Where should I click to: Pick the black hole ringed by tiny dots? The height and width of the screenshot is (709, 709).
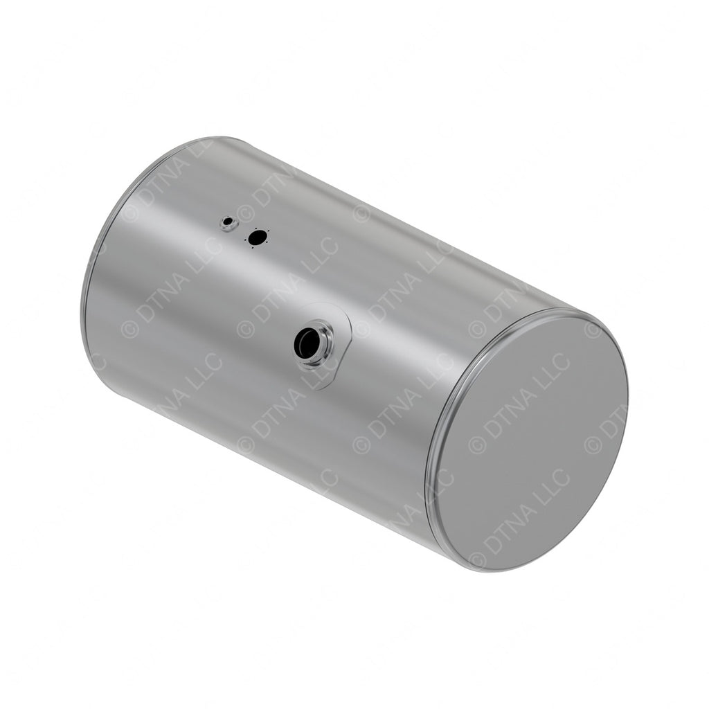(257, 238)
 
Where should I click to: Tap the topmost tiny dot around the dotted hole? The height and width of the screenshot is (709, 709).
(257, 228)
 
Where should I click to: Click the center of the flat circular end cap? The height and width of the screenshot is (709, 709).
(530, 443)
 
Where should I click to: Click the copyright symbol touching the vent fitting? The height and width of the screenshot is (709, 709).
(244, 213)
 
